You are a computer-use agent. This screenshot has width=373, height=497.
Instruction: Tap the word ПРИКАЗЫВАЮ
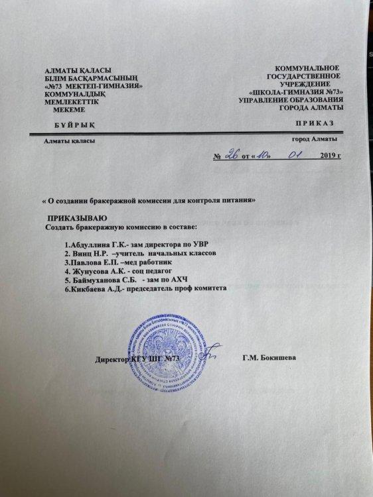[x=77, y=217]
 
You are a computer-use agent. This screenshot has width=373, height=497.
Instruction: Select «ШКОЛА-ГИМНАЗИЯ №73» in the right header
[x=295, y=92]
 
